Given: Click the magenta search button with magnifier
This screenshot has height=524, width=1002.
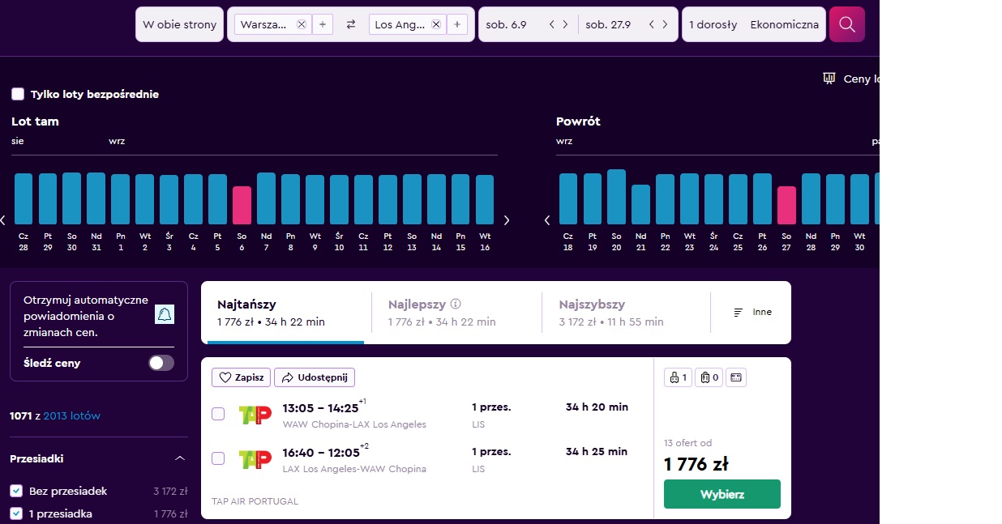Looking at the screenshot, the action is point(847,24).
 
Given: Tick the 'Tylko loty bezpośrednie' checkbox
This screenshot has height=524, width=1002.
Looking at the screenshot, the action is point(18,94).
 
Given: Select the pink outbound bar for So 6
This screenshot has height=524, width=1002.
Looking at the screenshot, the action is point(242,205).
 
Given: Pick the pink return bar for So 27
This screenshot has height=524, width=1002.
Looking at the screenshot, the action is point(786,205).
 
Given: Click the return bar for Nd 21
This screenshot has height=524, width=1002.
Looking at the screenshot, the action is point(640,204).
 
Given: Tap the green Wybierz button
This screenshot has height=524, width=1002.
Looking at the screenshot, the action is point(722,494).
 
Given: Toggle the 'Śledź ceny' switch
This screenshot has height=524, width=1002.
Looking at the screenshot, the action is point(161,363).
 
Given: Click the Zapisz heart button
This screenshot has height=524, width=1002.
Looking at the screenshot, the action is point(241,377).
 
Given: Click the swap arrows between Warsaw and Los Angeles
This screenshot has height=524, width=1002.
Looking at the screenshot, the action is point(351,24).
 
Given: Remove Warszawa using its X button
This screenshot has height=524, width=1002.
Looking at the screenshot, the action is point(302,24).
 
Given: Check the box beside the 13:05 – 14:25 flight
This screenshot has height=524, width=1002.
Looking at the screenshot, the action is point(218,414).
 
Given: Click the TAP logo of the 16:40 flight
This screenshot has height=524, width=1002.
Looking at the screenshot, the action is point(255,459).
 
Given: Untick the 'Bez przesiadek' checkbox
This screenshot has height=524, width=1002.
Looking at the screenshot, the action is point(16,491).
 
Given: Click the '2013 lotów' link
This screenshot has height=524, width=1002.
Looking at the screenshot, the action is point(71,416).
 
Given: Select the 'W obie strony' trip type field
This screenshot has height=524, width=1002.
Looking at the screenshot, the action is point(179,24).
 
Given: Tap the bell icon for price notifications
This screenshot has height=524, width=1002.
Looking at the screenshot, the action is point(165,314).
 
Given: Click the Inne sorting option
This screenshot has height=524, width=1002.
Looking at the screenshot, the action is point(753,313).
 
